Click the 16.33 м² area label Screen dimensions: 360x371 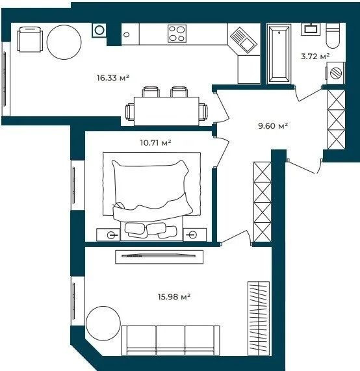click(113, 77)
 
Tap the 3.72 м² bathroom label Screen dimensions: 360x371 click(315, 57)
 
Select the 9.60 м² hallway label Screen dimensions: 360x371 click(273, 126)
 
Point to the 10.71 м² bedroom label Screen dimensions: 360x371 click(155, 143)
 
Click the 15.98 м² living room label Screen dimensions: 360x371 click(174, 297)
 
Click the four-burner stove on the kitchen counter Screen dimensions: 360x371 click(177, 34)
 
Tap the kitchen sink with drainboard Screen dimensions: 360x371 click(244, 40)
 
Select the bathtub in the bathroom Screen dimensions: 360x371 click(279, 54)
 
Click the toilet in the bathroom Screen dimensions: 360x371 click(333, 36)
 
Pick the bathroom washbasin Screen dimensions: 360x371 click(311, 29)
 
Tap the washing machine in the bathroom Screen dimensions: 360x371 click(335, 73)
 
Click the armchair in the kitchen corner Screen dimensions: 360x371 click(30, 40)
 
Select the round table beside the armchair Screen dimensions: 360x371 click(64, 42)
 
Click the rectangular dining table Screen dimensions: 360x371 click(166, 111)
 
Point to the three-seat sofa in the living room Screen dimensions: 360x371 click(170, 340)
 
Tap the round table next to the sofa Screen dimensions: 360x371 click(103, 324)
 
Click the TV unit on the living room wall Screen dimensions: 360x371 click(159, 257)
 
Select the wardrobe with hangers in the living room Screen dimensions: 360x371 click(259, 318)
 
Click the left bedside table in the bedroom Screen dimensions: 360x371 click(109, 235)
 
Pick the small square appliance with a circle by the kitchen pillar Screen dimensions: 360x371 click(99, 31)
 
